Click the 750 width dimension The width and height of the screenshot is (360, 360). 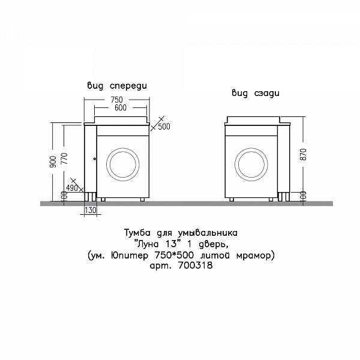tap(116, 99)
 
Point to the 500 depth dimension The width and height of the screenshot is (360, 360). tap(164, 127)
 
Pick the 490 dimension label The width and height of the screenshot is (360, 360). tap(72, 188)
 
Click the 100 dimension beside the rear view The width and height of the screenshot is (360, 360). tap(303, 196)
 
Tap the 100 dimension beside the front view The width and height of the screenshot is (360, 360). tap(64, 196)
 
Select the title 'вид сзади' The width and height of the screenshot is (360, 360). tap(256, 94)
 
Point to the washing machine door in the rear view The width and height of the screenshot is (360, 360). tap(253, 163)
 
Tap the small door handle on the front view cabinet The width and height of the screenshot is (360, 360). tap(94, 160)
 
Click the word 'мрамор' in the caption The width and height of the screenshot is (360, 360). tap(257, 255)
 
